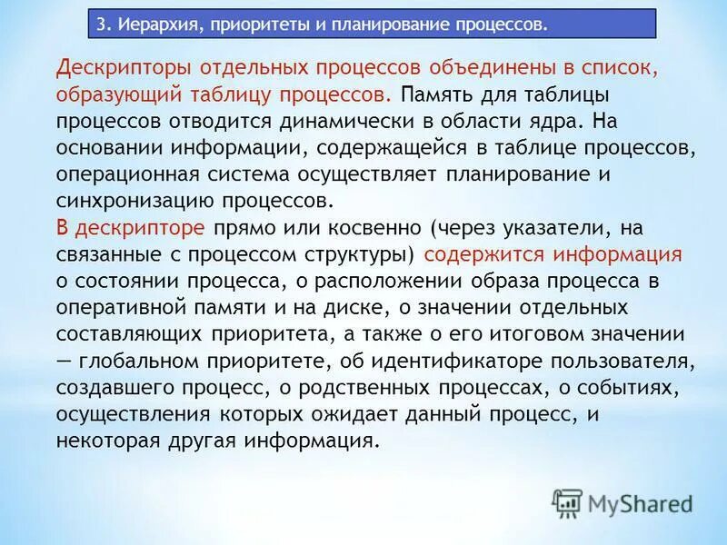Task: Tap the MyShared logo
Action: pos(623,502)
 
